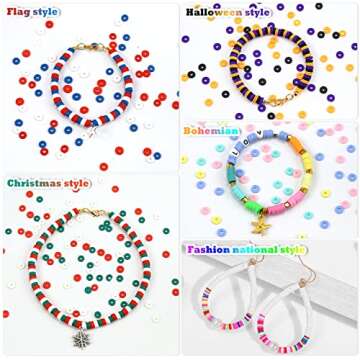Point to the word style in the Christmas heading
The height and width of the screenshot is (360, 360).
77,183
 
